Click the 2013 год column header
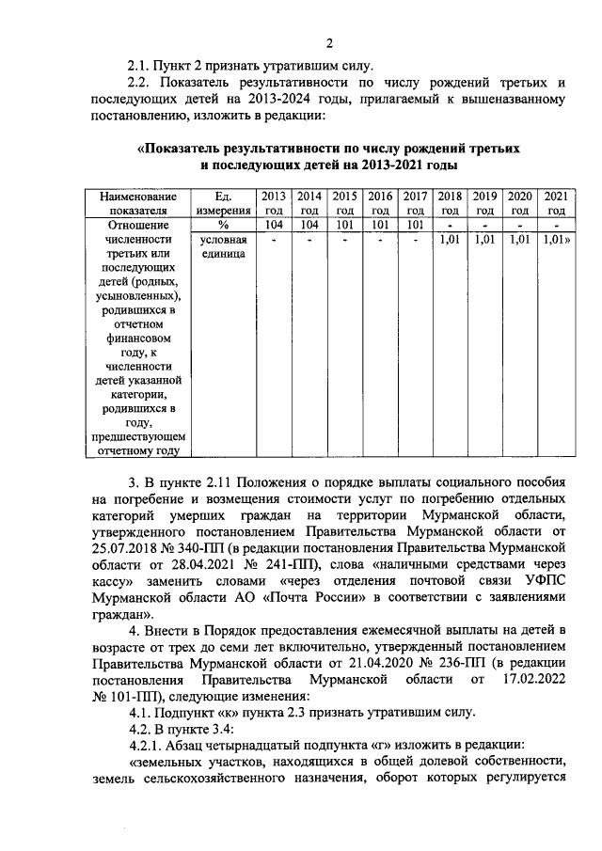(273, 203)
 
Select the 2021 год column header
(556, 203)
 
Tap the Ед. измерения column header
(223, 203)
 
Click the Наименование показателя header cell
(137, 203)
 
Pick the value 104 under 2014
(309, 226)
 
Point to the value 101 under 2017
(415, 226)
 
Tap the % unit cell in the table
(223, 226)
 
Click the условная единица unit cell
(223, 248)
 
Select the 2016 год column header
(379, 203)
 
